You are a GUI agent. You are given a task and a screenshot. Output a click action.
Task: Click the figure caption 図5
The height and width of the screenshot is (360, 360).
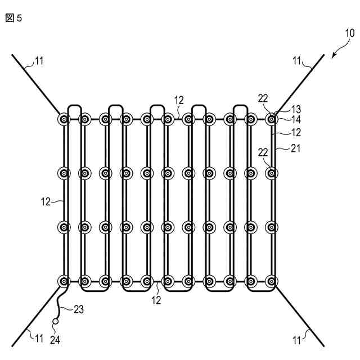coord(13,18)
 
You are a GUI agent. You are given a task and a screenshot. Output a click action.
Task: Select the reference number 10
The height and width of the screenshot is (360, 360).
coord(349,33)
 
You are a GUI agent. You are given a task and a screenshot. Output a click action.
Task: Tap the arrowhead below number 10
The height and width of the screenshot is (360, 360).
coord(334,56)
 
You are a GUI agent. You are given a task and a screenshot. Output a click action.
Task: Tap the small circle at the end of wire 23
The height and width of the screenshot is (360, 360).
coord(55,322)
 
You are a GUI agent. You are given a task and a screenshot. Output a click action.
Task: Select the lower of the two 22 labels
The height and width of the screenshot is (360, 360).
coord(263,152)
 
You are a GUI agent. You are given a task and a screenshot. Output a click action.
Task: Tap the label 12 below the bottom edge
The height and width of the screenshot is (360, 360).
coord(156,301)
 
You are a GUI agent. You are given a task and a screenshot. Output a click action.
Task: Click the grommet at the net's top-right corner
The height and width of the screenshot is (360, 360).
coord(272,119)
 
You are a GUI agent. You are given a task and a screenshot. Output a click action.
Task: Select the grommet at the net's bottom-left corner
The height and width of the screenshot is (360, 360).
coord(64,280)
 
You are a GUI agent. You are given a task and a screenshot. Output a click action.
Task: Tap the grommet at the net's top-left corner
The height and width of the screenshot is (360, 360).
coord(64,119)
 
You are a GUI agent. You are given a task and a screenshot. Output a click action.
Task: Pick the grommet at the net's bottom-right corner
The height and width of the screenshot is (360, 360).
coord(272,280)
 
